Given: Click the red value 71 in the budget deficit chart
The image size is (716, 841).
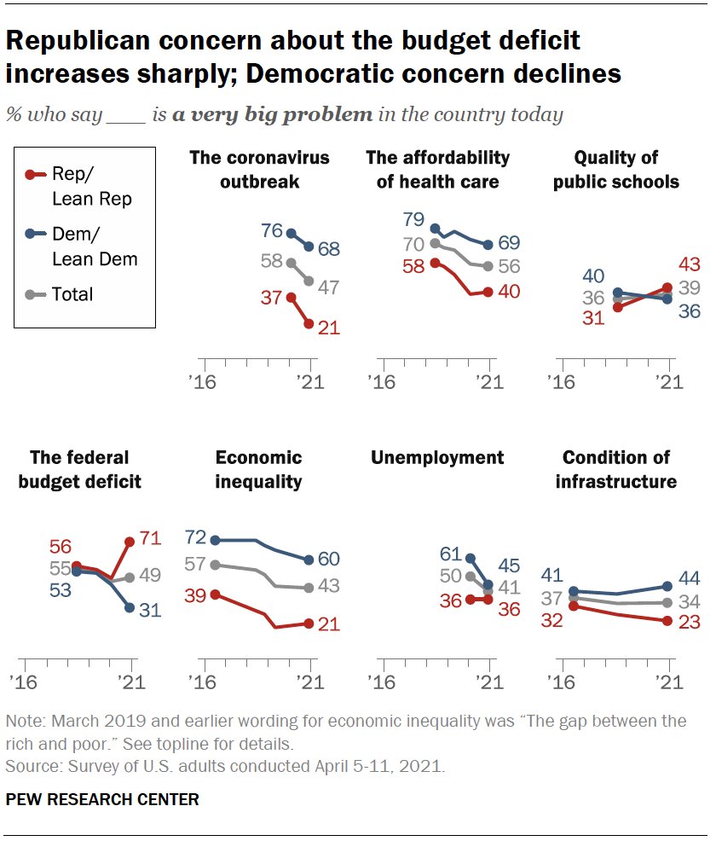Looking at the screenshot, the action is (x=151, y=537).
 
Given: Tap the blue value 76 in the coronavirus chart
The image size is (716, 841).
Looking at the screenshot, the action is (x=272, y=230).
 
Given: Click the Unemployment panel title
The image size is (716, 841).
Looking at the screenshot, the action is (x=437, y=457).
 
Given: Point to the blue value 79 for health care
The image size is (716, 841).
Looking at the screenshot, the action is (x=413, y=219).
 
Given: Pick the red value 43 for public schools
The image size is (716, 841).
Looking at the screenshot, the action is (x=690, y=264).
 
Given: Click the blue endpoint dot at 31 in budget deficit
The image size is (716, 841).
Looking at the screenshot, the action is (x=130, y=607).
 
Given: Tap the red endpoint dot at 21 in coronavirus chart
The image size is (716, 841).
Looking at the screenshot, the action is (x=309, y=324).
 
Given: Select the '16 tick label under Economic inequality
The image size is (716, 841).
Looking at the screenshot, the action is (x=202, y=682).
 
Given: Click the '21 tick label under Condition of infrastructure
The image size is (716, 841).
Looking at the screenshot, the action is (x=669, y=682).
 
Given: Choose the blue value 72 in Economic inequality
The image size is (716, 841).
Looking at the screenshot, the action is (x=195, y=536).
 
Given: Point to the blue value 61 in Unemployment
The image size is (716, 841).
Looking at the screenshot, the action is (x=451, y=554).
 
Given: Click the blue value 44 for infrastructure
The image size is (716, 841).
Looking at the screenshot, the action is (x=690, y=578).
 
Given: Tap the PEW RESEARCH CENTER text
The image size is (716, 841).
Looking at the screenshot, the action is (x=102, y=800).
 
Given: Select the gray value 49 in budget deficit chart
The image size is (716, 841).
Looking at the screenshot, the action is (x=150, y=575).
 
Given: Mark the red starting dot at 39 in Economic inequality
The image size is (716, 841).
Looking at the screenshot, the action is (x=216, y=594).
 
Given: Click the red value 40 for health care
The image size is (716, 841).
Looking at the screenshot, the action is (x=509, y=292).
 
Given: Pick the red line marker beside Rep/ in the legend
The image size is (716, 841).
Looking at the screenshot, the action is (x=36, y=174).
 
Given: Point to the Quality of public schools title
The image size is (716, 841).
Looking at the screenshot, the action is (x=615, y=170).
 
